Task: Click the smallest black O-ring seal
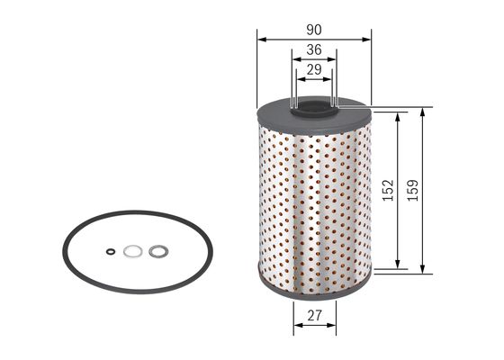tap(109, 252)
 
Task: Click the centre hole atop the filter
tap(314, 111)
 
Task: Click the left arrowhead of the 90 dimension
tap(261, 39)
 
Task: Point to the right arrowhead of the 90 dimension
tap(367, 39)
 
